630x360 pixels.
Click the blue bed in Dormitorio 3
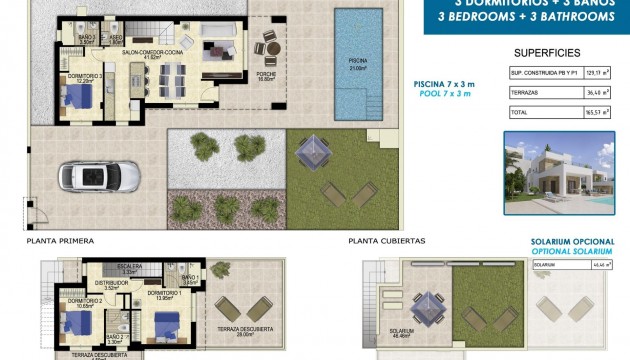(78, 98)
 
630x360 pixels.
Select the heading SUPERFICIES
(545, 52)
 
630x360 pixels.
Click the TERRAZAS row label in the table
(526, 93)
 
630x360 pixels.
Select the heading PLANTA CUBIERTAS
(387, 241)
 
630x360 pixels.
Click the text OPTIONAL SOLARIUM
(568, 251)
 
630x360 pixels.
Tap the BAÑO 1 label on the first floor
(191, 279)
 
